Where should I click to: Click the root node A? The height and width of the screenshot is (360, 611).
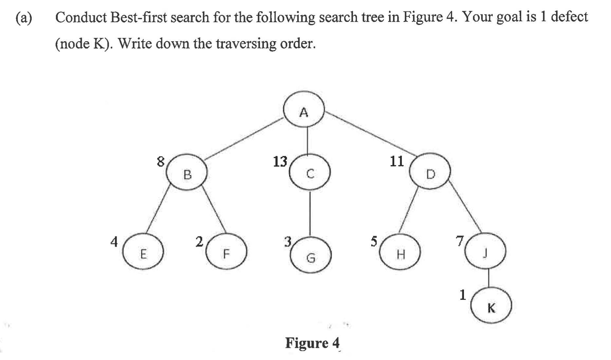tap(304, 109)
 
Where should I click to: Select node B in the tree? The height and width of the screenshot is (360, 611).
tap(187, 172)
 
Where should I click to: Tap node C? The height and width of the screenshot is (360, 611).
tap(310, 172)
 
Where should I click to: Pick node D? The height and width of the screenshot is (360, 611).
tap(430, 171)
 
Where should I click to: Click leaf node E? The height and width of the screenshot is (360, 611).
tap(143, 252)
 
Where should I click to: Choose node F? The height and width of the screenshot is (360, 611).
tap(226, 252)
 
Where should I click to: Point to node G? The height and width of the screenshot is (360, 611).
tap(311, 255)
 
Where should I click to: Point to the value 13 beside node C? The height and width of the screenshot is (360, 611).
tap(280, 161)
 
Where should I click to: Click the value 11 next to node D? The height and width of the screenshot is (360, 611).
tap(397, 161)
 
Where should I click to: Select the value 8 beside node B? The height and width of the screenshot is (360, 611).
tap(160, 161)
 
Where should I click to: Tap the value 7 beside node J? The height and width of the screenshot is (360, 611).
tap(460, 241)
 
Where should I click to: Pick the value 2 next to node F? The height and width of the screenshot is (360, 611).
tap(199, 242)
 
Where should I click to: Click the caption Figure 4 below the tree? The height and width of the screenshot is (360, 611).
tap(312, 343)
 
